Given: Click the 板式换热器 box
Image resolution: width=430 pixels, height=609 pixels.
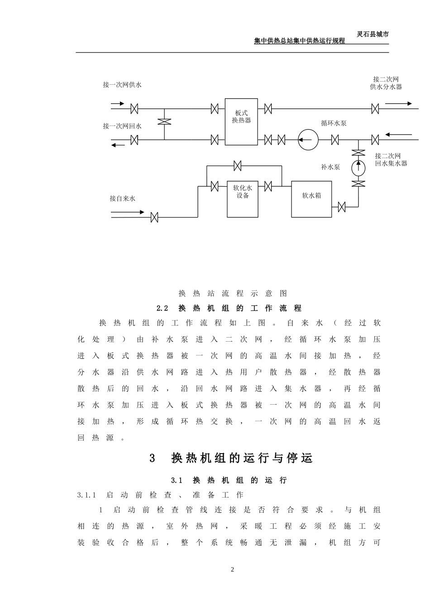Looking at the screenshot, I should pos(241,121).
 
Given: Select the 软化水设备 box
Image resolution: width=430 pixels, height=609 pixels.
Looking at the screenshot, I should pos(242,198).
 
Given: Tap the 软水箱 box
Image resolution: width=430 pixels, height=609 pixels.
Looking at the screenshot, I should pos(311,199).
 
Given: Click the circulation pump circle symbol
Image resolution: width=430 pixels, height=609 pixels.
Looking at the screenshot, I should pos(308,140).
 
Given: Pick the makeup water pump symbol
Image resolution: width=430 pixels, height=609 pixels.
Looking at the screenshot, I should pos(358,167).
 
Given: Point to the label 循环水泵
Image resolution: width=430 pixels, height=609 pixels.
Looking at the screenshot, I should pos(334,123).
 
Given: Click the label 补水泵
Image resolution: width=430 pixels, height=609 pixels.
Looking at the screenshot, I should pos(330,167).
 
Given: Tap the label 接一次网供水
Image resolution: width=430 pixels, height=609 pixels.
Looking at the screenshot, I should pos(122,85).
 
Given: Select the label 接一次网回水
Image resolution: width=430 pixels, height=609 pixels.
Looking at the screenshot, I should pos(122,126).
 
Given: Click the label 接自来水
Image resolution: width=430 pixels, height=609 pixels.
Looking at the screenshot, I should pos(122,198).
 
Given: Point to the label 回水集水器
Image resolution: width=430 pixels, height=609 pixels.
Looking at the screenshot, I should pos(391,163).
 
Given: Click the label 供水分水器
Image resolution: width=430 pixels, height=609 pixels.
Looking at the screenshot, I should pos(386,87).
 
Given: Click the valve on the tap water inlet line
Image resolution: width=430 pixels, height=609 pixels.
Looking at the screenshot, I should pos(154,217).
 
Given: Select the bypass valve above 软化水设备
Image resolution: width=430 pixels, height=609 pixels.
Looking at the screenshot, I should pos(237,166).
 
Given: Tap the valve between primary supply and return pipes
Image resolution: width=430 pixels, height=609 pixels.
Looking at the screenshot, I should pos(164,121).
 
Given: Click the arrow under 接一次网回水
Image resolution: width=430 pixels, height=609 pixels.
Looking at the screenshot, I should pos(119,145).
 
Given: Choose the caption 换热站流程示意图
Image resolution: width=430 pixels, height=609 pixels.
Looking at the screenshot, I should pos(233,293).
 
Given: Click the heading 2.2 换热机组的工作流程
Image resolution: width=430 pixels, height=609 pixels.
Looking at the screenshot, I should pos(229,308).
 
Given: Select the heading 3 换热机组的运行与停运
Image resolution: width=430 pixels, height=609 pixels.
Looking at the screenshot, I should pos(231,458).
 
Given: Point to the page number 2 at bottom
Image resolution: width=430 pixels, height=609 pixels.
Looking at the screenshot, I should pos(233,570).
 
